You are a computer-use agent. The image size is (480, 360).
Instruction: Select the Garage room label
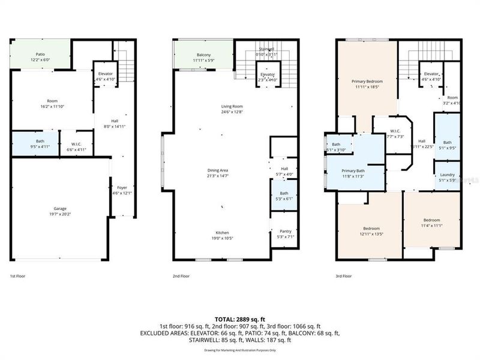(x=59, y=209)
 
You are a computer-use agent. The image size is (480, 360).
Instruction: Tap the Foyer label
(x=122, y=187)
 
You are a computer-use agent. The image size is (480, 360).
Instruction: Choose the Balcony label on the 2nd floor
(x=203, y=55)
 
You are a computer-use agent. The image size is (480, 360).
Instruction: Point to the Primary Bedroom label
(x=367, y=80)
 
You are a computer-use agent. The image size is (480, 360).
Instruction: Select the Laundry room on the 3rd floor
(x=446, y=175)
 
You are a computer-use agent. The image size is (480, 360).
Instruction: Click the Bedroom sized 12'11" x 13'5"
(x=370, y=228)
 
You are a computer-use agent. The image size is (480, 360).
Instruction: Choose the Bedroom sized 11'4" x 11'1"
(x=431, y=220)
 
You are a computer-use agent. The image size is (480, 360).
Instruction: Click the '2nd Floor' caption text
(x=181, y=277)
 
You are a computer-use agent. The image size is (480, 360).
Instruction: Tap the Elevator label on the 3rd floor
(x=431, y=74)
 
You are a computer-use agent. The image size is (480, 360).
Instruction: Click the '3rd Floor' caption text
(x=343, y=277)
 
